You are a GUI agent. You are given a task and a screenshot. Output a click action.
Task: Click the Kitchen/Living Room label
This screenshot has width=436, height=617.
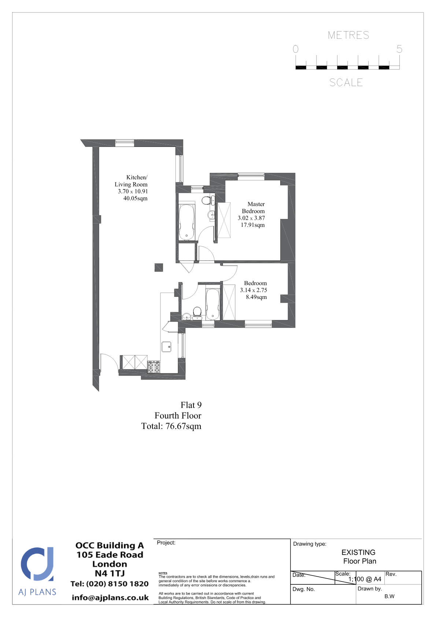click(x=131, y=181)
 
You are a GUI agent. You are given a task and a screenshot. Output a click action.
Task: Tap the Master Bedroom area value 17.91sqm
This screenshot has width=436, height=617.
click(x=252, y=225)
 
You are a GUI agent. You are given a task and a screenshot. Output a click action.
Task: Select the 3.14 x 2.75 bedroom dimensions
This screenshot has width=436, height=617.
click(x=254, y=290)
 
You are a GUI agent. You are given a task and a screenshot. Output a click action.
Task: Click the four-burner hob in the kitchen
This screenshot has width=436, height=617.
click(x=154, y=367)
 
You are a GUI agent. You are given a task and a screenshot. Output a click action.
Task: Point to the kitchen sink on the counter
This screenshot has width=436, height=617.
click(x=166, y=347)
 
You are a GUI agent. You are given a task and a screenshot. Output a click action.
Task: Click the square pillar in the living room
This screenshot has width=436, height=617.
click(x=159, y=267)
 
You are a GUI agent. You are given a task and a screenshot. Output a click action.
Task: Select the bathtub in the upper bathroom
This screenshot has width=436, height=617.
click(x=187, y=222)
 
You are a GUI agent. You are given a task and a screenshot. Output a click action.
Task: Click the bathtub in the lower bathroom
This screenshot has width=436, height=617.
click(x=213, y=304)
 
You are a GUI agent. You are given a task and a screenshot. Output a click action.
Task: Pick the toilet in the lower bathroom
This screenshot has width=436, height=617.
click(x=197, y=313)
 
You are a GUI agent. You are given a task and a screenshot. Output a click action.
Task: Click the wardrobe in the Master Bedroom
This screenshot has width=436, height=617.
click(x=224, y=220)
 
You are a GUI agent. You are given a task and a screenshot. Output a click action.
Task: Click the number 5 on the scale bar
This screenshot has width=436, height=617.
click(x=399, y=49)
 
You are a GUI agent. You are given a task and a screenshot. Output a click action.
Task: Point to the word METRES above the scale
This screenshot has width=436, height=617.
click(x=348, y=35)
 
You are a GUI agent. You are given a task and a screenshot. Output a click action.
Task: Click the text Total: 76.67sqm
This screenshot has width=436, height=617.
click(x=171, y=426)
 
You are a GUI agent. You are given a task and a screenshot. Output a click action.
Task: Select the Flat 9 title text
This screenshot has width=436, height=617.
click(x=191, y=405)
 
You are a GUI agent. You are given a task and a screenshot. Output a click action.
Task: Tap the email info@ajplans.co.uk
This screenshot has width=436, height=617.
click(x=110, y=598)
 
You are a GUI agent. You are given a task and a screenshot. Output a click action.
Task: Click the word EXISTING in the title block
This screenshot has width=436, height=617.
click(x=358, y=552)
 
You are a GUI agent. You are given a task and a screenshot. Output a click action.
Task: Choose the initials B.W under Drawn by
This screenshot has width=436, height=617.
click(x=389, y=596)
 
